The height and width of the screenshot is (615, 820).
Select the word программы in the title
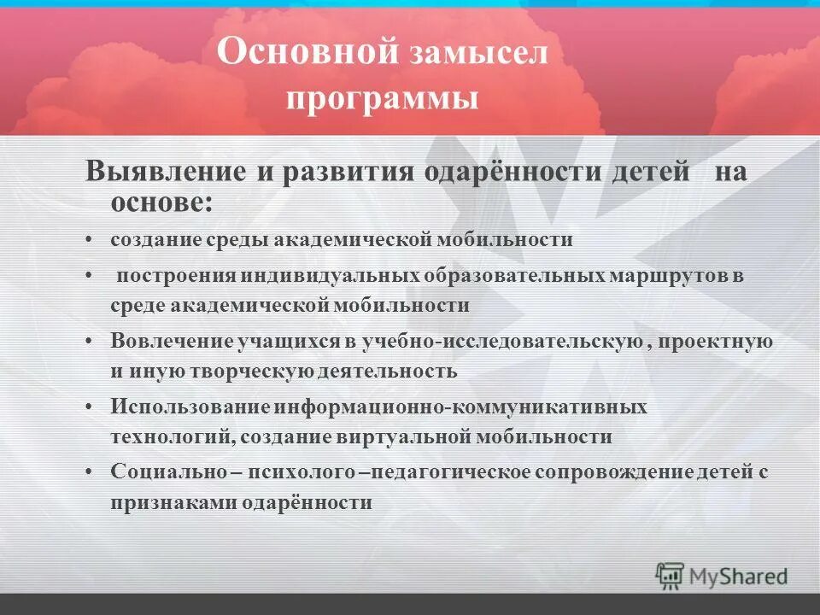click(381, 99)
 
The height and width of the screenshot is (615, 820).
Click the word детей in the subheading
click(650, 171)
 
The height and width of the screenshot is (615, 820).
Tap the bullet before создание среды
click(90, 240)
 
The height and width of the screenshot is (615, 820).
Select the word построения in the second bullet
click(177, 277)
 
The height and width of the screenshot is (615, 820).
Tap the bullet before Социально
click(90, 472)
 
